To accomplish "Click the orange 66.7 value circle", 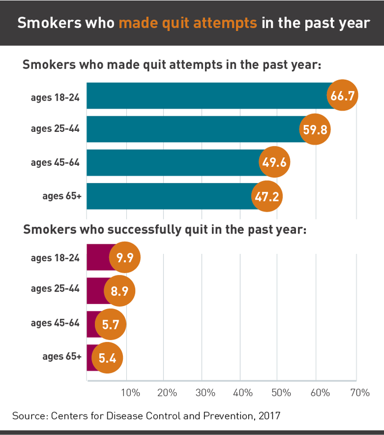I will (342, 96).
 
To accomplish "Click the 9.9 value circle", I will (124, 258).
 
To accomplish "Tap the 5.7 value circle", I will (110, 325).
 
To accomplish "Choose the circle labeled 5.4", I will (107, 357).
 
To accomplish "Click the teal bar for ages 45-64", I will (174, 162).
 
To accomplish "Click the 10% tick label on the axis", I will (130, 393).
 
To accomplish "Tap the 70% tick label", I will (360, 393).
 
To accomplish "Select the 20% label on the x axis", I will (167, 393).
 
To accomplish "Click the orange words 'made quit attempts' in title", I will (188, 23).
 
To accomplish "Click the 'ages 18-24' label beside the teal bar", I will (55, 97).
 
